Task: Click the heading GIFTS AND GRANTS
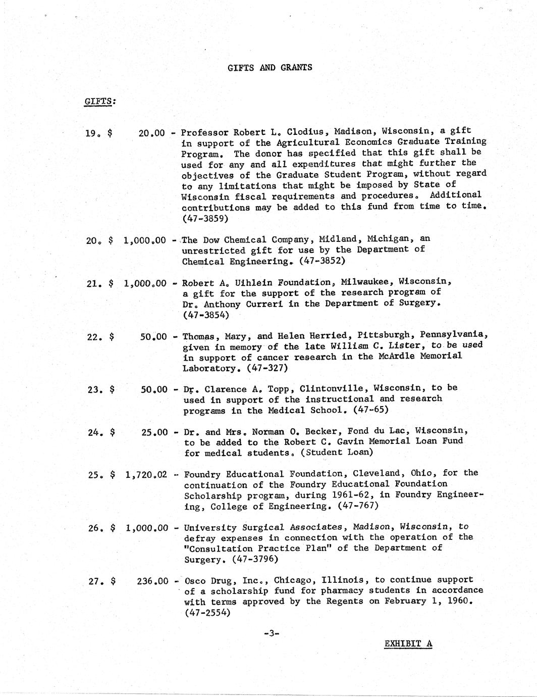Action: click(270, 67)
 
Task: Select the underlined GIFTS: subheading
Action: click(99, 101)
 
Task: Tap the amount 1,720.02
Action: click(146, 475)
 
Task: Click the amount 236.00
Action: click(152, 581)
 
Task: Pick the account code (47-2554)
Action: click(207, 613)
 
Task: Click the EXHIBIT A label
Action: click(408, 643)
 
